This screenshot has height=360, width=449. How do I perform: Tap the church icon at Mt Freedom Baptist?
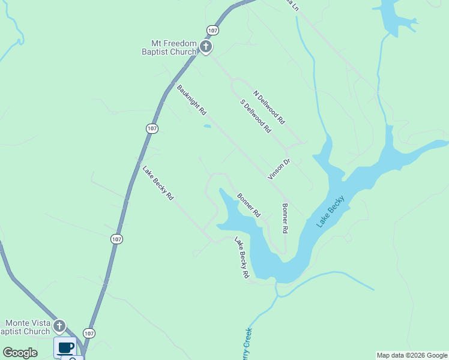[205, 47]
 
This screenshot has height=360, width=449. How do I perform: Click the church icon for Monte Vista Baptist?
[59, 326]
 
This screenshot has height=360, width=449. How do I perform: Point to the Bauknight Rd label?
[191, 100]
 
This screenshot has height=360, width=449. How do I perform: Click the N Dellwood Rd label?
[269, 107]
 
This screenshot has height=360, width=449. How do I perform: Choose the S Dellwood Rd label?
[256, 116]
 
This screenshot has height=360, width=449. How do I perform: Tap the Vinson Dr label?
[279, 169]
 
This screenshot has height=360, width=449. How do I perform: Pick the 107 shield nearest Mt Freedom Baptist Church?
[212, 29]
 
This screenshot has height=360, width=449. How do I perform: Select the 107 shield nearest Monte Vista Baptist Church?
[89, 333]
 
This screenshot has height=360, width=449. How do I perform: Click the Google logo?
[20, 353]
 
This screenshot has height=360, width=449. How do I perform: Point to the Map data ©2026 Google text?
[412, 355]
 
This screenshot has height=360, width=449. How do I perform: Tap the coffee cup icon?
[65, 347]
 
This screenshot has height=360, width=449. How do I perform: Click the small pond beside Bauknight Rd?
[207, 126]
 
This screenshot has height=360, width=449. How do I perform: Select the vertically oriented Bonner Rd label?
[285, 218]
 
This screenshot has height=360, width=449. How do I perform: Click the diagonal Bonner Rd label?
[249, 205]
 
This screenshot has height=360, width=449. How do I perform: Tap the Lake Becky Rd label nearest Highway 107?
[158, 182]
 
